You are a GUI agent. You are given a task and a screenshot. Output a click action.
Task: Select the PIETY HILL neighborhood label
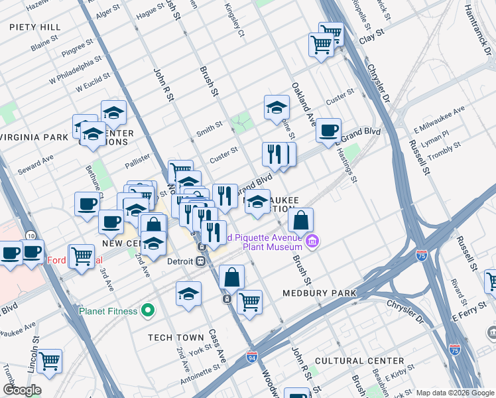[x=35, y=27]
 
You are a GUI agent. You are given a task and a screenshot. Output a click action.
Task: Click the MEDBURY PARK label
[x=319, y=293]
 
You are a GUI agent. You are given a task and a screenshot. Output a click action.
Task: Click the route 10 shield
[x=31, y=235]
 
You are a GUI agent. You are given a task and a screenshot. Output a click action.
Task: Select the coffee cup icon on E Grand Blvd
[x=328, y=130]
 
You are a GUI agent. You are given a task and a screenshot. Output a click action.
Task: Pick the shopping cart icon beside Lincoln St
[x=49, y=361]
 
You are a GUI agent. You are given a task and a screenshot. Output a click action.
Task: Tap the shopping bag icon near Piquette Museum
[x=300, y=220]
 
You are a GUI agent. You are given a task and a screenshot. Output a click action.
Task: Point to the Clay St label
[x=372, y=32]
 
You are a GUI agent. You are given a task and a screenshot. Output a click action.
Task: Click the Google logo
[x=22, y=390]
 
